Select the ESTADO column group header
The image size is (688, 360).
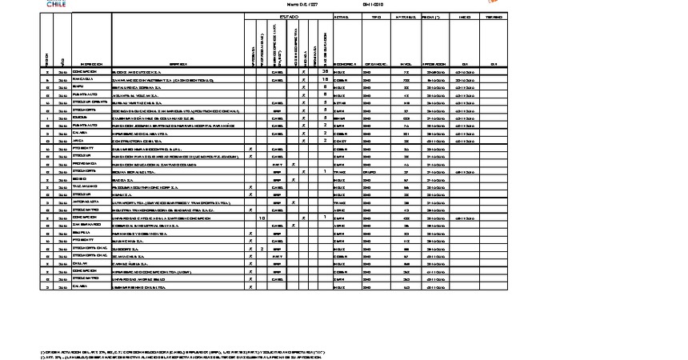288,16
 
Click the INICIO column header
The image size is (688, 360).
465,16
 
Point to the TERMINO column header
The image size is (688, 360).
494,16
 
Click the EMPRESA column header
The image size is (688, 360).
178,64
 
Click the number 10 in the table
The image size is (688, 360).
262,217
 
